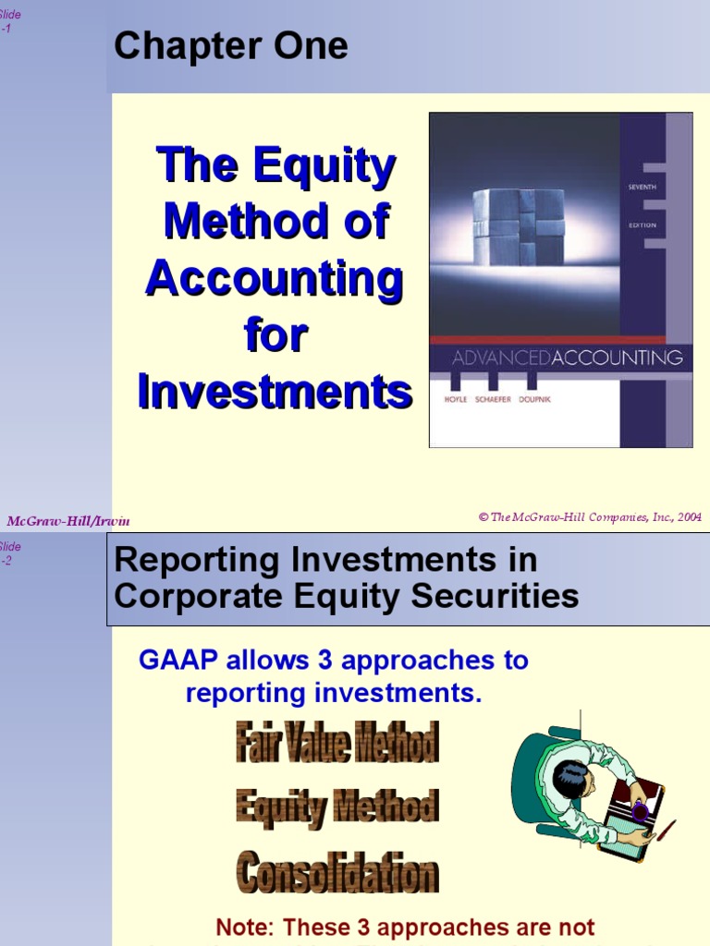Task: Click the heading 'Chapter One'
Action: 230,46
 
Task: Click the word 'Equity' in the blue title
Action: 327,166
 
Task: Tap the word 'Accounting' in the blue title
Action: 275,279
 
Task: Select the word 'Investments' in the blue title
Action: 275,392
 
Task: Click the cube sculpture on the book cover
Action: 518,226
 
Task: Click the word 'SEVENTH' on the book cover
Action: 642,188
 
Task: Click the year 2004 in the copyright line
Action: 690,517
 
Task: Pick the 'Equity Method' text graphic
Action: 337,807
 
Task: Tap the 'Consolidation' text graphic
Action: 337,873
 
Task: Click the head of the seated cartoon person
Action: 571,780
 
